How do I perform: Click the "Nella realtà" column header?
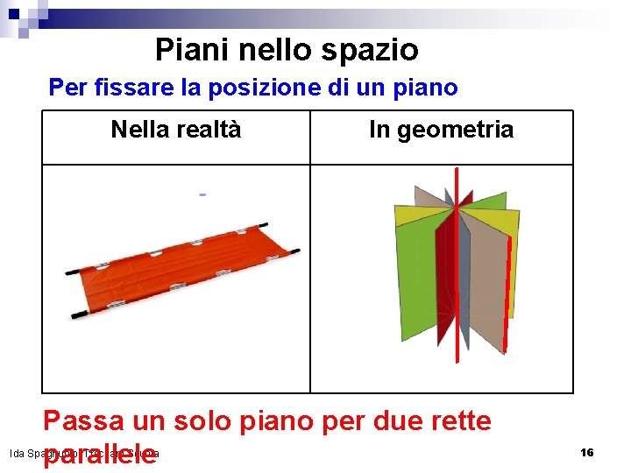tap(175, 131)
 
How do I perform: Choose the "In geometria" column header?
tap(441, 131)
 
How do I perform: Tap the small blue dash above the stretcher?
tap(202, 194)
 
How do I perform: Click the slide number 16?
tap(587, 452)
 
